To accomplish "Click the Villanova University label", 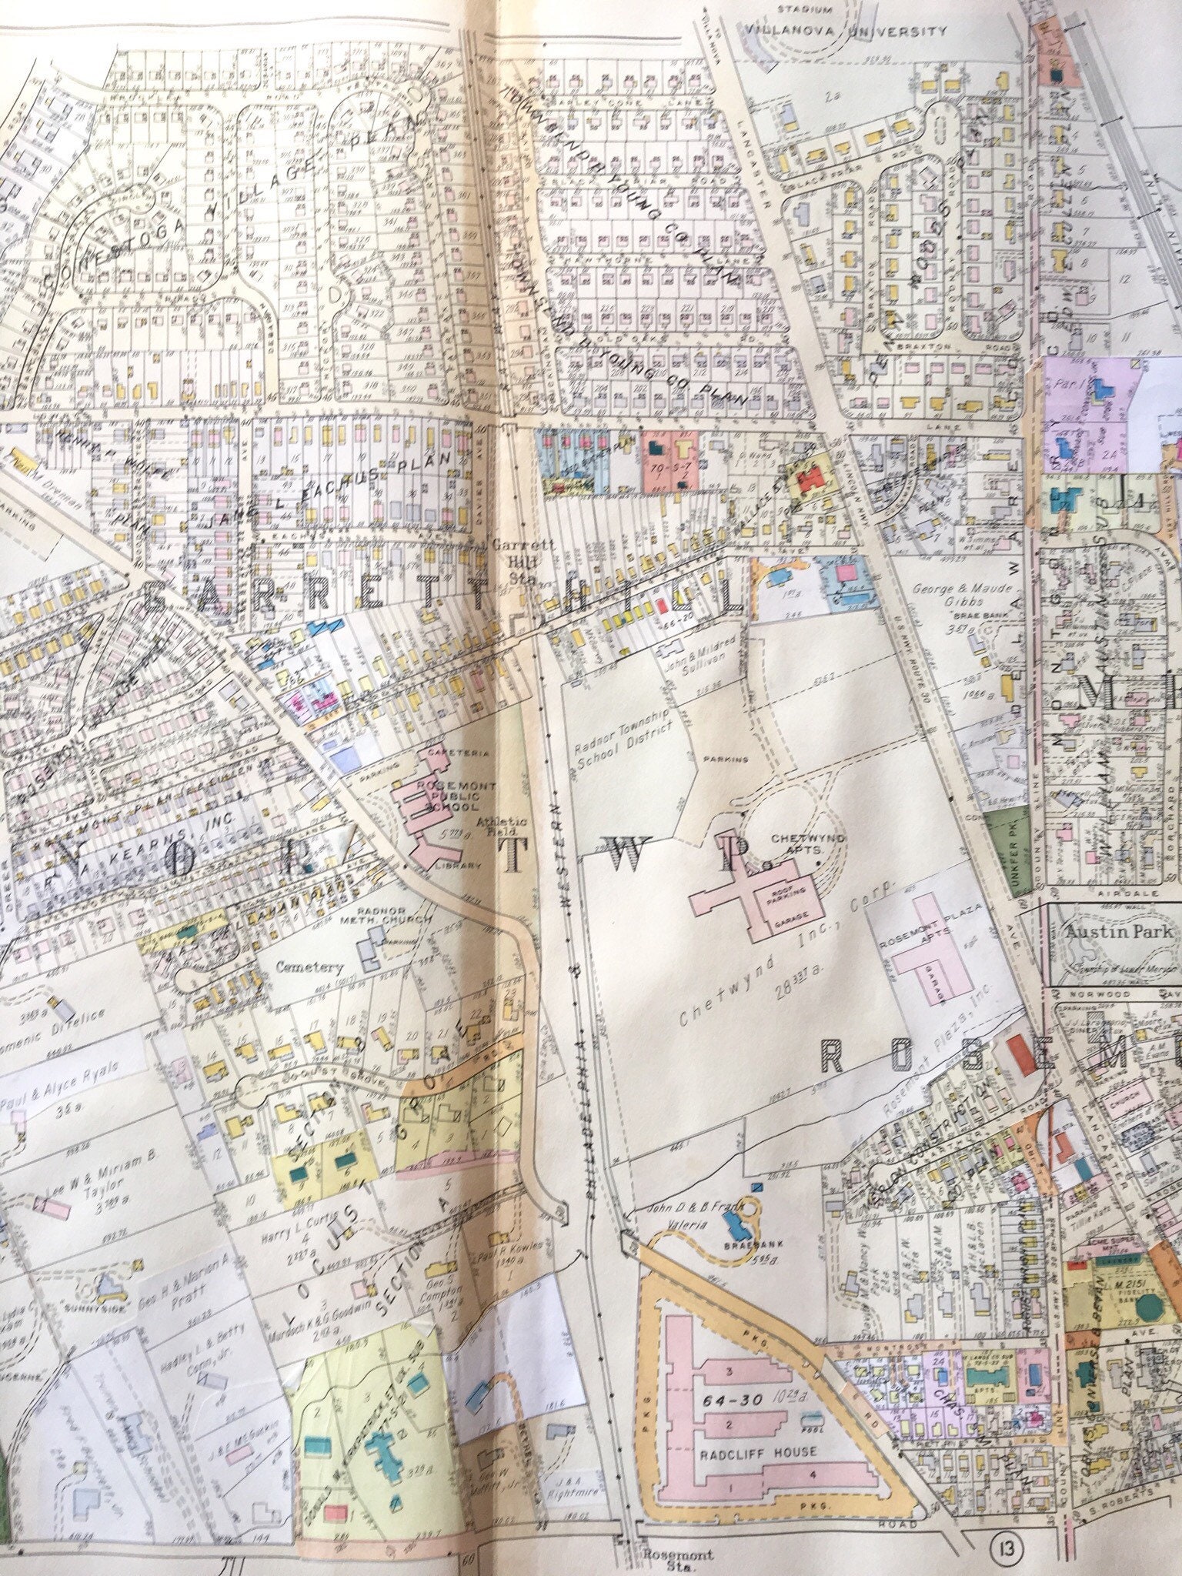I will [x=840, y=32].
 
